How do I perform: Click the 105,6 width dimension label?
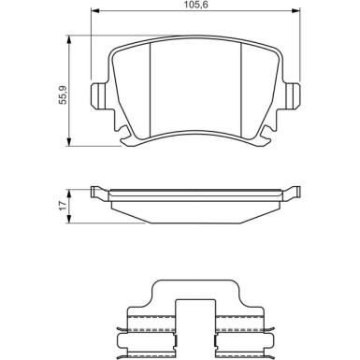(195, 5)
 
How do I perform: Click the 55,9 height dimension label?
(63, 95)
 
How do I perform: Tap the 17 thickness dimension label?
(63, 206)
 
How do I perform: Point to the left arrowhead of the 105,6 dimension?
(94, 11)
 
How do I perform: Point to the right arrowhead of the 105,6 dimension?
(295, 11)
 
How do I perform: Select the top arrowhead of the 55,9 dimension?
(69, 39)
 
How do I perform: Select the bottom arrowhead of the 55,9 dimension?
(69, 141)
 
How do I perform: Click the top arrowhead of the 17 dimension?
(69, 194)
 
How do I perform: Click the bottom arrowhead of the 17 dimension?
(69, 219)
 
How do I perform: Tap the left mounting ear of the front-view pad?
(99, 95)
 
